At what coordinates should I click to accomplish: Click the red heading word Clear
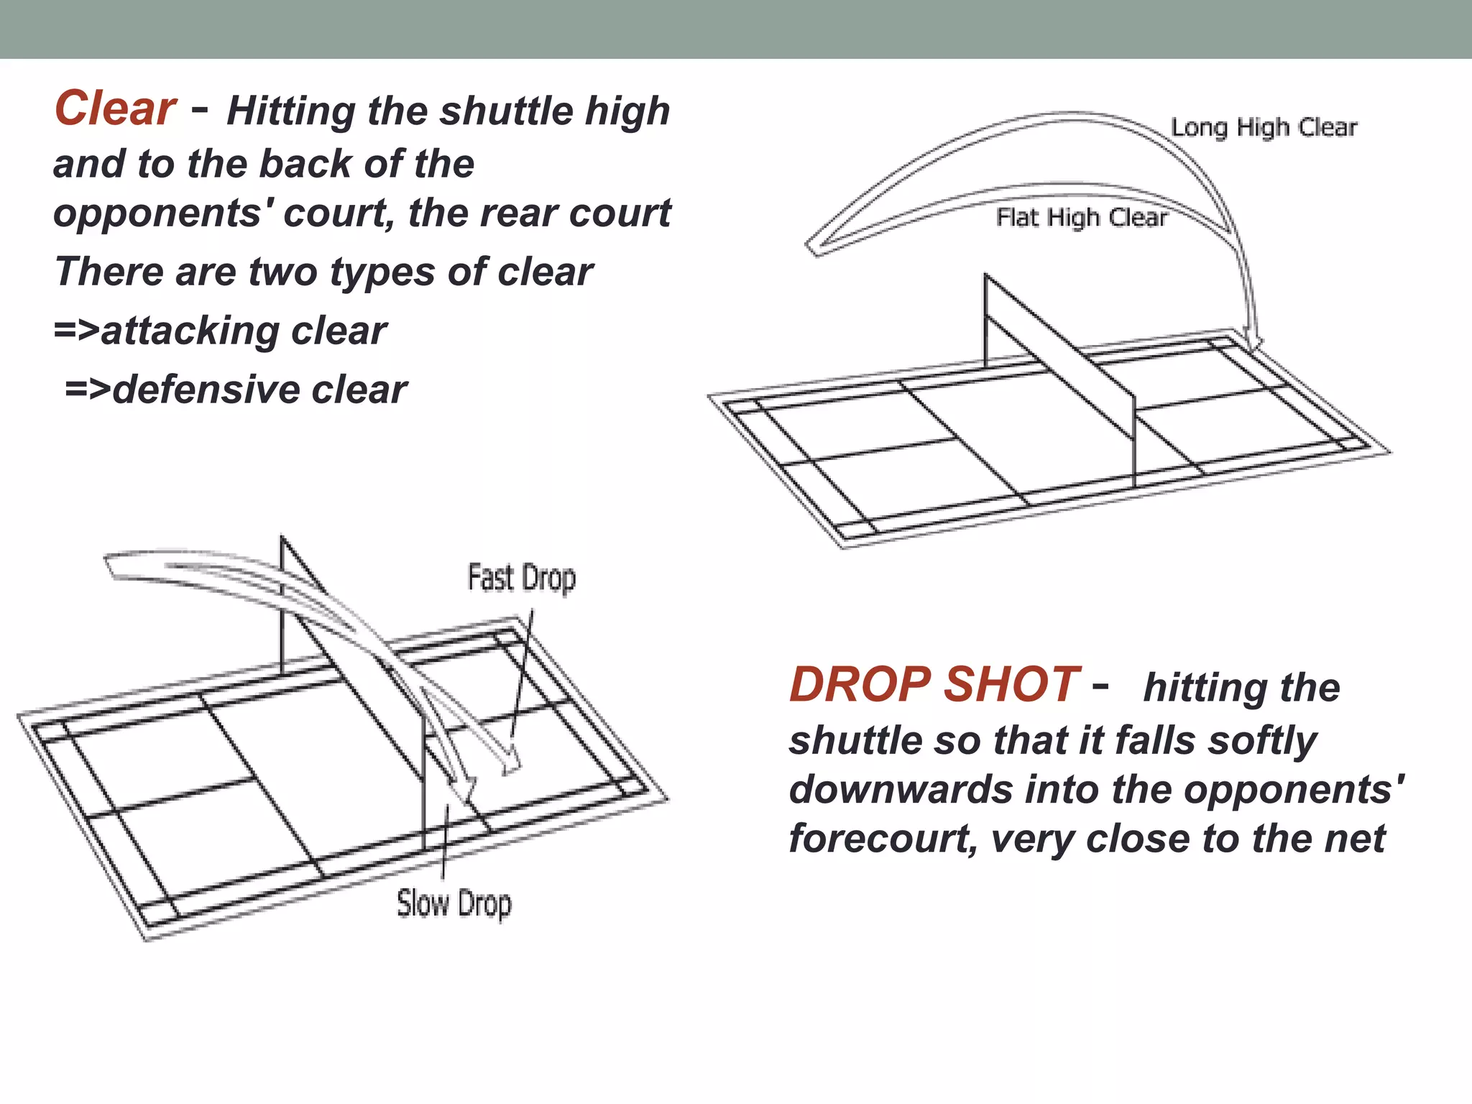(115, 109)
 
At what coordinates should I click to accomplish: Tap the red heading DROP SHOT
(934, 684)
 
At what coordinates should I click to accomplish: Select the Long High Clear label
(1264, 127)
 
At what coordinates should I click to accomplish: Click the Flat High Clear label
(1081, 217)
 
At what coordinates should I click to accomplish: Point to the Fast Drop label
(522, 578)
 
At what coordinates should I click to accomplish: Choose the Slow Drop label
(454, 903)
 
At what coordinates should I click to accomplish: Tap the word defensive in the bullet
(206, 390)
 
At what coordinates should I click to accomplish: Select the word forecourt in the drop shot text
(883, 839)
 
